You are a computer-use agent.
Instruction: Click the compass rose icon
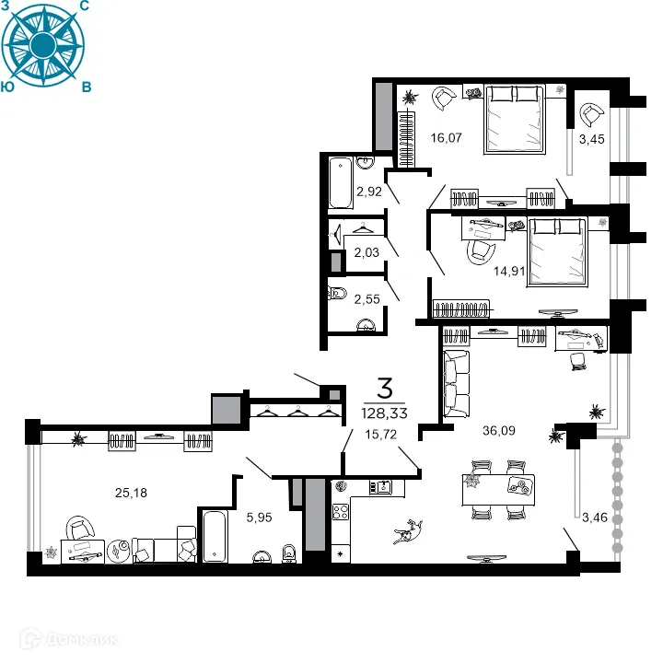[x=43, y=44]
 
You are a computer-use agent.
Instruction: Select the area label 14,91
[x=483, y=271]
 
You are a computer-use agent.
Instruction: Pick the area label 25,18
[x=129, y=492]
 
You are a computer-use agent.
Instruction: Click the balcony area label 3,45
[x=591, y=139]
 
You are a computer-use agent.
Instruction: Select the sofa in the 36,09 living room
[x=456, y=385]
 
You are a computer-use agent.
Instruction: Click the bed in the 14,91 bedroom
[x=557, y=252]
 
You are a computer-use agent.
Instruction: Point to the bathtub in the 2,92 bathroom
[x=340, y=182]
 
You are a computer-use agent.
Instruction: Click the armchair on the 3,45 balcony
[x=590, y=114]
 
